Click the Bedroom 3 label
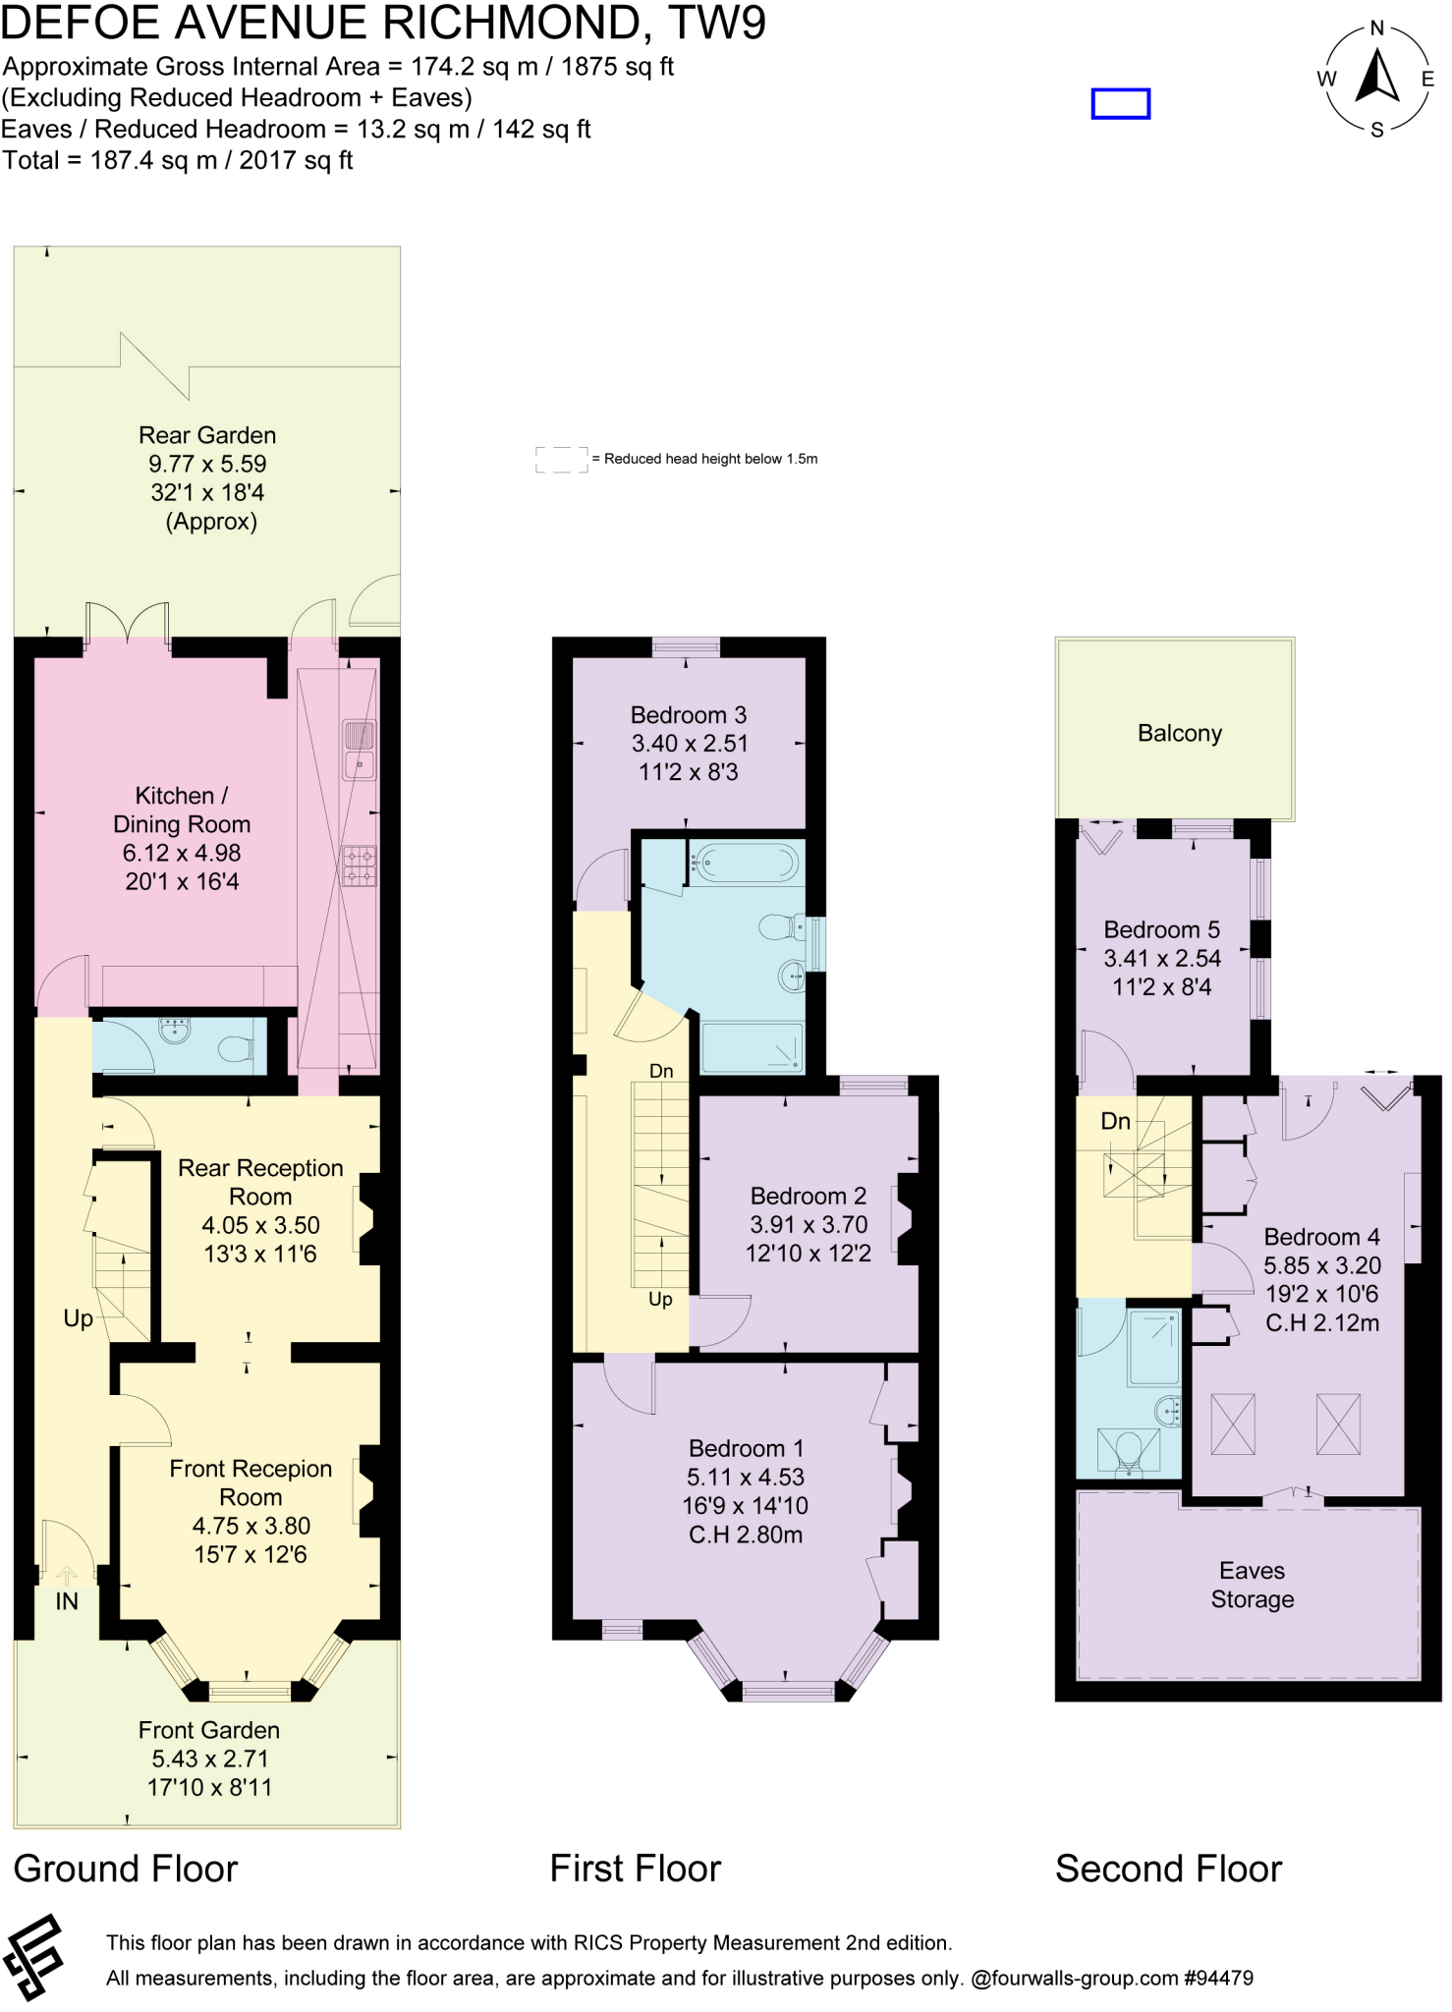pyautogui.click(x=688, y=715)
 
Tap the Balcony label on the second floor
pyautogui.click(x=1179, y=734)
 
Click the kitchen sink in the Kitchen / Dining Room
pyautogui.click(x=359, y=750)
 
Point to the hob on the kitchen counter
pyautogui.click(x=359, y=866)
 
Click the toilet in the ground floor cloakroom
pyautogui.click(x=234, y=1050)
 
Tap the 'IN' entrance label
pyautogui.click(x=66, y=1602)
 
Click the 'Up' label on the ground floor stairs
pyautogui.click(x=78, y=1318)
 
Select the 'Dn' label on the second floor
pyautogui.click(x=1115, y=1121)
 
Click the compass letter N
pyautogui.click(x=1376, y=28)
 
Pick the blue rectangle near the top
pyautogui.click(x=1120, y=103)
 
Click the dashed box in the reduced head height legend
pyautogui.click(x=561, y=459)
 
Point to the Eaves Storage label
pyautogui.click(x=1252, y=1585)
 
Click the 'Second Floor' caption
pyautogui.click(x=1168, y=1869)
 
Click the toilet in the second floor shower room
pyautogui.click(x=1129, y=1450)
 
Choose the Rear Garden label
pyautogui.click(x=207, y=435)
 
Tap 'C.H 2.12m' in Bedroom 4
pyautogui.click(x=1321, y=1323)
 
